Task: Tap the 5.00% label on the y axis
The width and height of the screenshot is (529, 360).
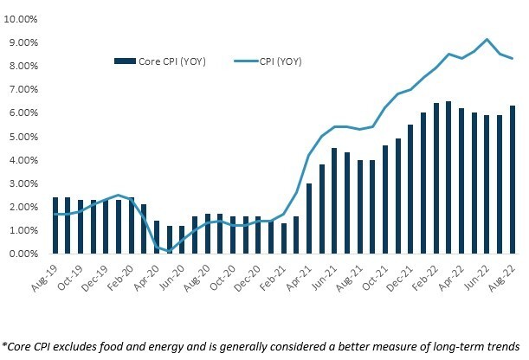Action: [x=23, y=137]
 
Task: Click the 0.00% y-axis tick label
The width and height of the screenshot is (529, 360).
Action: [x=23, y=254]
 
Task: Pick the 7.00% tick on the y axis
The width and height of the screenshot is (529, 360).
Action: [x=23, y=90]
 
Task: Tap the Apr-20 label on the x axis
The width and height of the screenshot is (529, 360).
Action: [x=145, y=275]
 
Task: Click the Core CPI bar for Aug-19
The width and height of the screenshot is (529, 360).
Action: [x=55, y=226]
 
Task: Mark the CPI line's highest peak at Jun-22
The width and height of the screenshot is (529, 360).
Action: [x=487, y=39]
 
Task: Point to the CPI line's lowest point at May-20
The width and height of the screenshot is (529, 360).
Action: [x=170, y=252]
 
